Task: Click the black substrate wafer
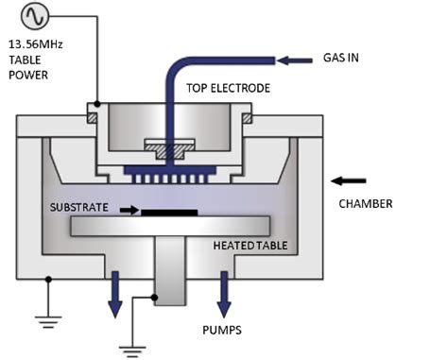pos(169,213)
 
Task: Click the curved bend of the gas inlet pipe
pos(179,70)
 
